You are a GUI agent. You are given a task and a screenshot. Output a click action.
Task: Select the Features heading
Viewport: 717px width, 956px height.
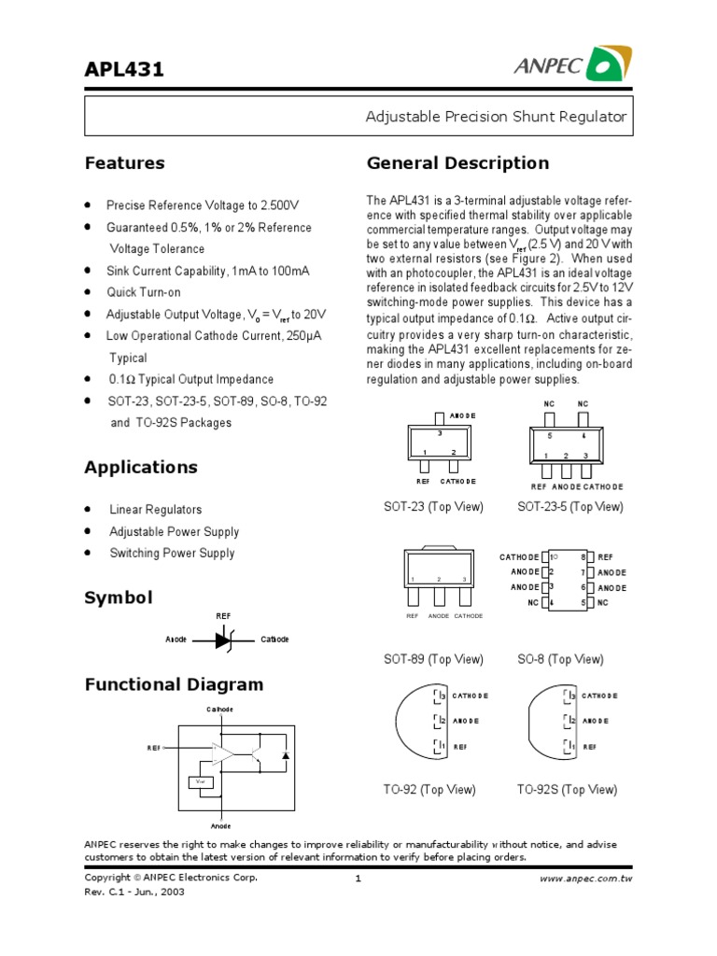[124, 163]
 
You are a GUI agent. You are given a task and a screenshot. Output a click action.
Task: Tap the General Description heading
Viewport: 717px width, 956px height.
[457, 163]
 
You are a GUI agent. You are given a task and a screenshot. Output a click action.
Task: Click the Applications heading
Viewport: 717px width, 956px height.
[141, 467]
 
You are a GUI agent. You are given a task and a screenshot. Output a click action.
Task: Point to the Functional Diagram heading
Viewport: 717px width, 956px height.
[174, 684]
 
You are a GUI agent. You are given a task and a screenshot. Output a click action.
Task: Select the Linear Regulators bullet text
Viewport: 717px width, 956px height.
[155, 510]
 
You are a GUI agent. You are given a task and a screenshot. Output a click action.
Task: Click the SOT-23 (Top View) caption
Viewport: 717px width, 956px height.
[433, 506]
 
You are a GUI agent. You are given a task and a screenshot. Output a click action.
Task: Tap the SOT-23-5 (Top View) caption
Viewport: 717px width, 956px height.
[569, 506]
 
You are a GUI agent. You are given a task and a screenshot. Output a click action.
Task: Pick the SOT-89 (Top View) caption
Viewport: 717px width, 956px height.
[433, 659]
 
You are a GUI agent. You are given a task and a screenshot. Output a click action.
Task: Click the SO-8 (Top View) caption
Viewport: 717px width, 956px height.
[560, 659]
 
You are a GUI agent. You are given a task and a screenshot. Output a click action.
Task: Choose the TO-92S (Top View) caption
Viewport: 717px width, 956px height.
[567, 789]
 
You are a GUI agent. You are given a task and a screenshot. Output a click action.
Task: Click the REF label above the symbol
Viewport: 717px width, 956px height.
[223, 616]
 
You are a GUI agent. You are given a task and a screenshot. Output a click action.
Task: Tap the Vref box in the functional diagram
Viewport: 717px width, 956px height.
[199, 782]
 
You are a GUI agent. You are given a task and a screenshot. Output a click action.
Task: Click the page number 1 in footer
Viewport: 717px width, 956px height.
[358, 879]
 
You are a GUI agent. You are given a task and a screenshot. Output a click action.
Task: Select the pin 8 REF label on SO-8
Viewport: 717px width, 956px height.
[605, 556]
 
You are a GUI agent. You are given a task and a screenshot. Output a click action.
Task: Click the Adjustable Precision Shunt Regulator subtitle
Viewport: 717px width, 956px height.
[495, 118]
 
